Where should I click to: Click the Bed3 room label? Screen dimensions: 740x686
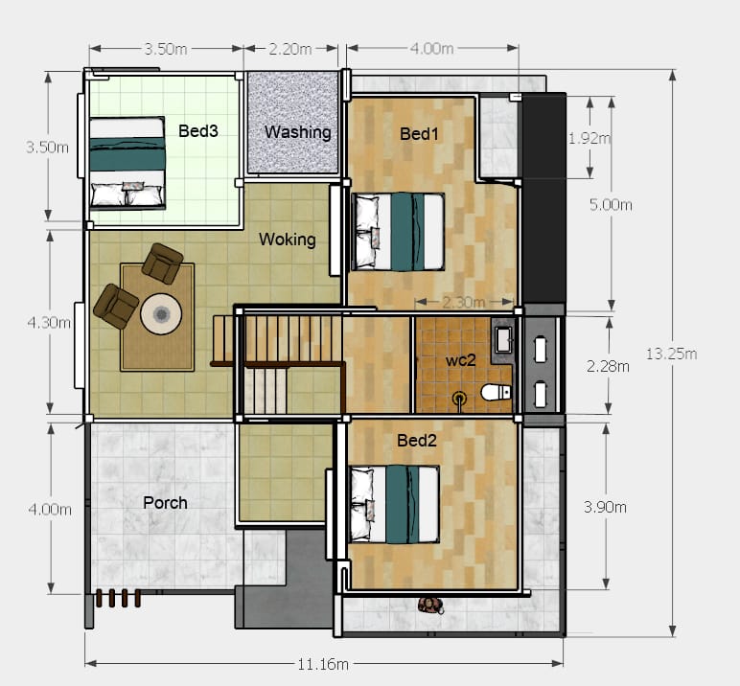[x=198, y=130]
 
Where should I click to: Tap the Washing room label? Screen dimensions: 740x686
[x=298, y=132]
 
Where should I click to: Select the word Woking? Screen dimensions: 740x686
[x=288, y=240]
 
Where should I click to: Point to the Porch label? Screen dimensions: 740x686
[x=165, y=502]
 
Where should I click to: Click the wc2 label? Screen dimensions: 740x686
[x=461, y=360]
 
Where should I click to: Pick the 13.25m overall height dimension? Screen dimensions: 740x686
[x=671, y=354]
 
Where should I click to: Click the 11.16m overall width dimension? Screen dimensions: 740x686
[x=323, y=664]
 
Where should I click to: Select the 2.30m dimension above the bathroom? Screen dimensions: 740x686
[x=463, y=302]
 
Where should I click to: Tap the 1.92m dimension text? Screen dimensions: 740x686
[x=589, y=138]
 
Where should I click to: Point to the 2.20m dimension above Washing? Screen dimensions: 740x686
[x=290, y=49]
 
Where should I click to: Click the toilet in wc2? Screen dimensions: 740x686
[x=496, y=392]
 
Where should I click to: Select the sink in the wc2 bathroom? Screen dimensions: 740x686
[x=503, y=339]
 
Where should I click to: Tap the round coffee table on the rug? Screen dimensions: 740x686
[x=161, y=313]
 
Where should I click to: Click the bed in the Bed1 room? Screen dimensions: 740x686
[x=399, y=232]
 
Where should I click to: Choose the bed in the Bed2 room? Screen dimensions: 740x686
[x=395, y=504]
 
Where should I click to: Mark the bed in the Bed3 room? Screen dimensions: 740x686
[x=127, y=163]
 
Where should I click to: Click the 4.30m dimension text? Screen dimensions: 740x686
[x=49, y=323]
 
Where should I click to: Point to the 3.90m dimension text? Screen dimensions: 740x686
[x=605, y=507]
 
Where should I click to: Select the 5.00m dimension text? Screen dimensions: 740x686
[x=611, y=204]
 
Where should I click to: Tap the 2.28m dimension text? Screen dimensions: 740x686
[x=608, y=366]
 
